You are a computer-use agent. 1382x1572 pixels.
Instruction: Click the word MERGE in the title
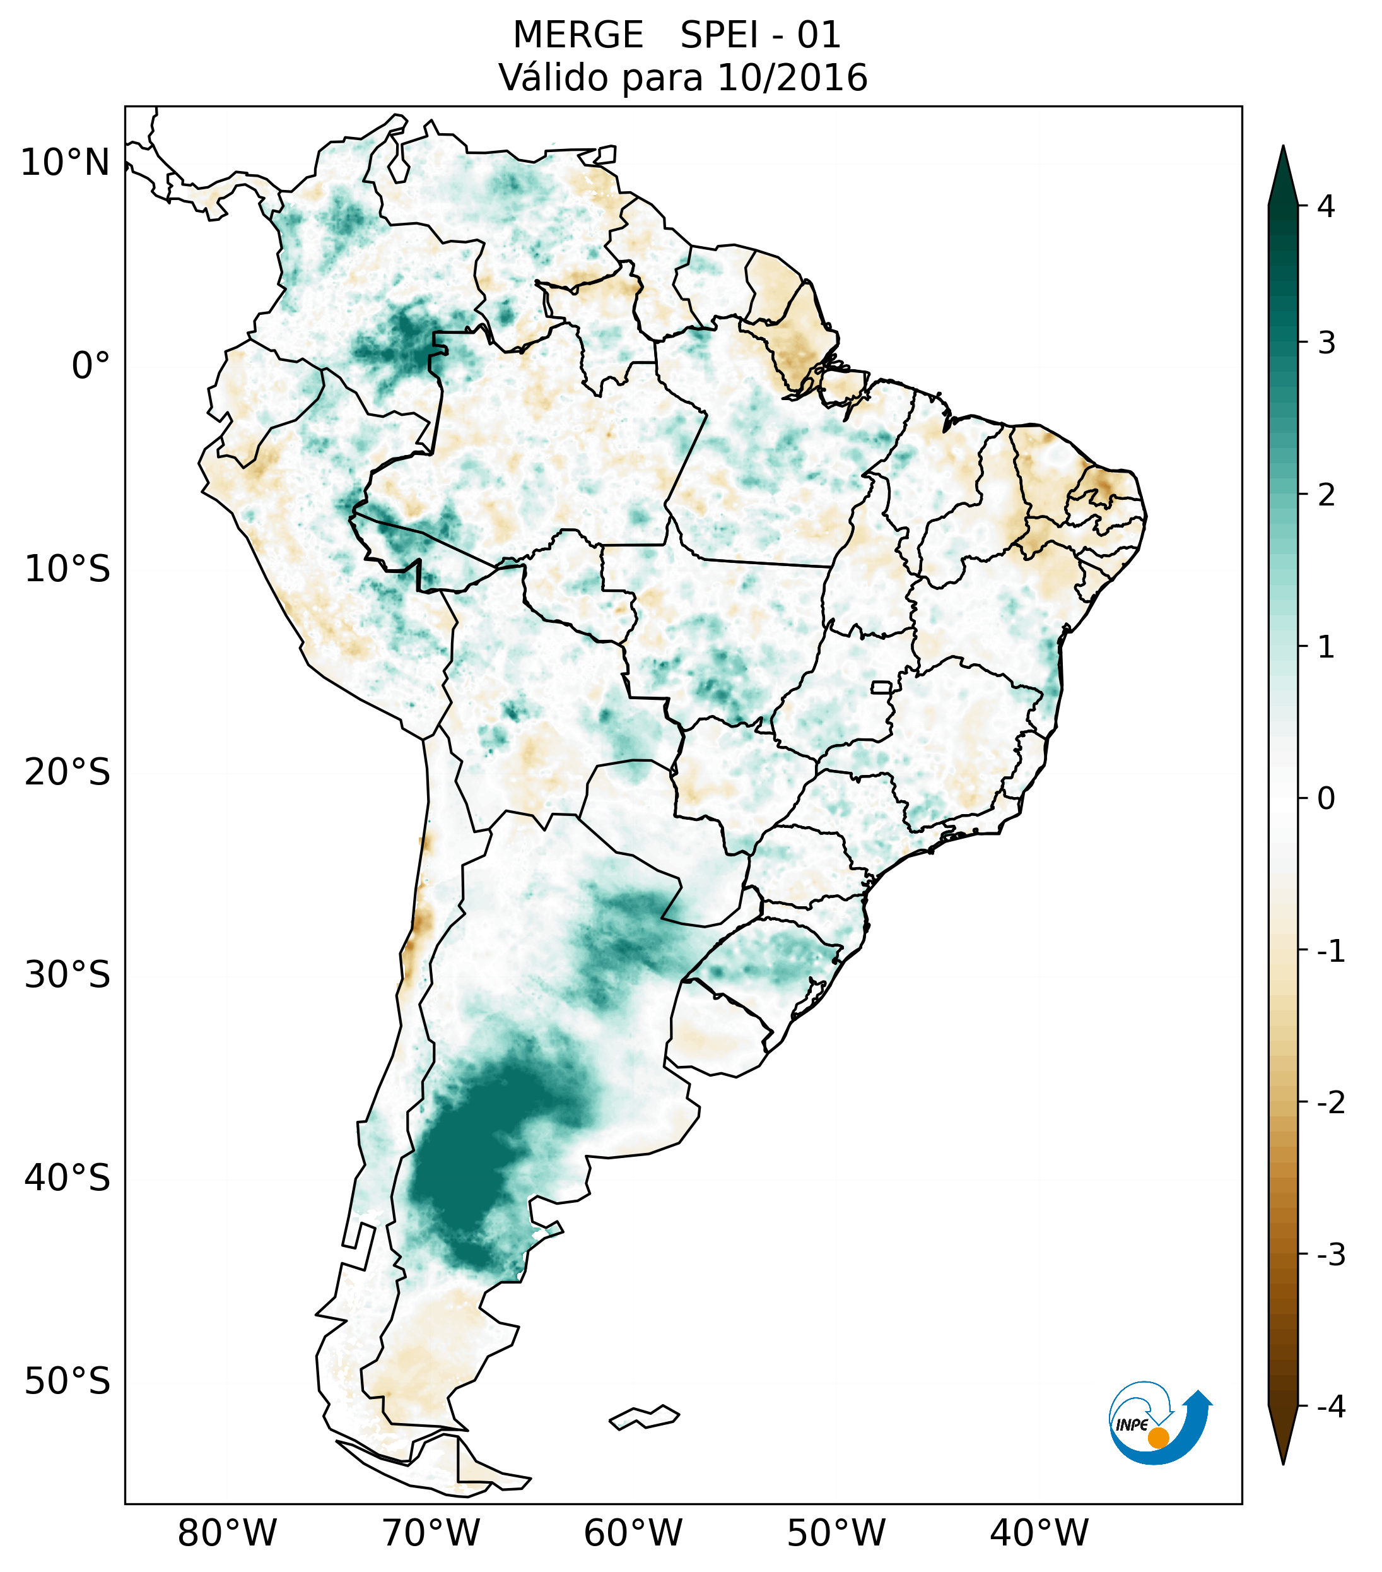577,35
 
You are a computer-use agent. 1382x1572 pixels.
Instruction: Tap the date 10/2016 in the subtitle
791,78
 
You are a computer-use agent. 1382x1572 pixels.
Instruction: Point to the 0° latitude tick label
91,366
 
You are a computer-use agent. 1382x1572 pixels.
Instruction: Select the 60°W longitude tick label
633,1533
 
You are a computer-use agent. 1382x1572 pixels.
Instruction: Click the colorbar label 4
1326,206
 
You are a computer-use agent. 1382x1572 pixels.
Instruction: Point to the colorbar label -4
1330,1407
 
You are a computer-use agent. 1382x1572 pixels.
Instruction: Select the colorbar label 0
1326,799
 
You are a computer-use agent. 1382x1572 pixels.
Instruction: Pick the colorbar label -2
1330,1104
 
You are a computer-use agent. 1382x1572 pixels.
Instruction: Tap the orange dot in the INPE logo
1157,1438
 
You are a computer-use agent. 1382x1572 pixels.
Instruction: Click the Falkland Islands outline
644,1417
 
